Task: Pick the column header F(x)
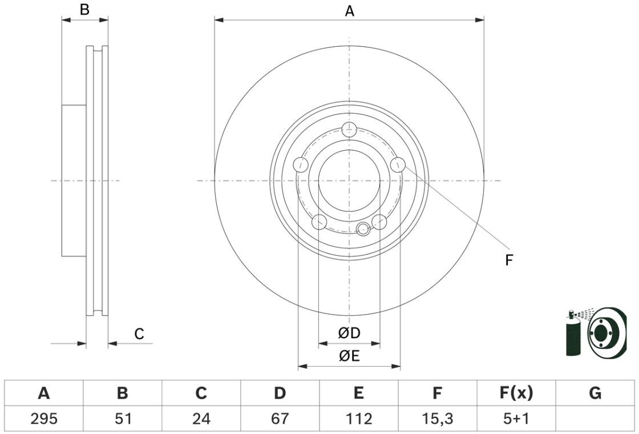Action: (516, 393)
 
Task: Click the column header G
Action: (595, 393)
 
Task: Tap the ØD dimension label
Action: (349, 333)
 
